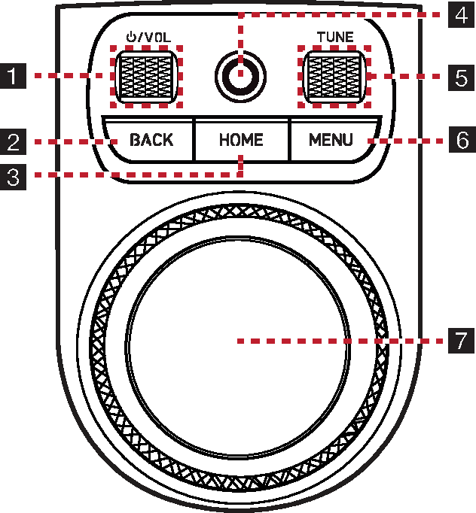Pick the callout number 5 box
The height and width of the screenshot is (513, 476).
point(461,75)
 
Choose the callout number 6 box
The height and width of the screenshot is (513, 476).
point(461,140)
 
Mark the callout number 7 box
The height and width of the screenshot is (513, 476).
point(461,341)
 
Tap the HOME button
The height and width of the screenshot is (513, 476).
point(241,140)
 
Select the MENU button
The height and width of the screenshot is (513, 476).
point(331,140)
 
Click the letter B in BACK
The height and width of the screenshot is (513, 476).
point(136,140)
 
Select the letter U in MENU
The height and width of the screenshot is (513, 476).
point(346,140)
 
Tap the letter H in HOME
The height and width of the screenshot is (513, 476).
point(224,140)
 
